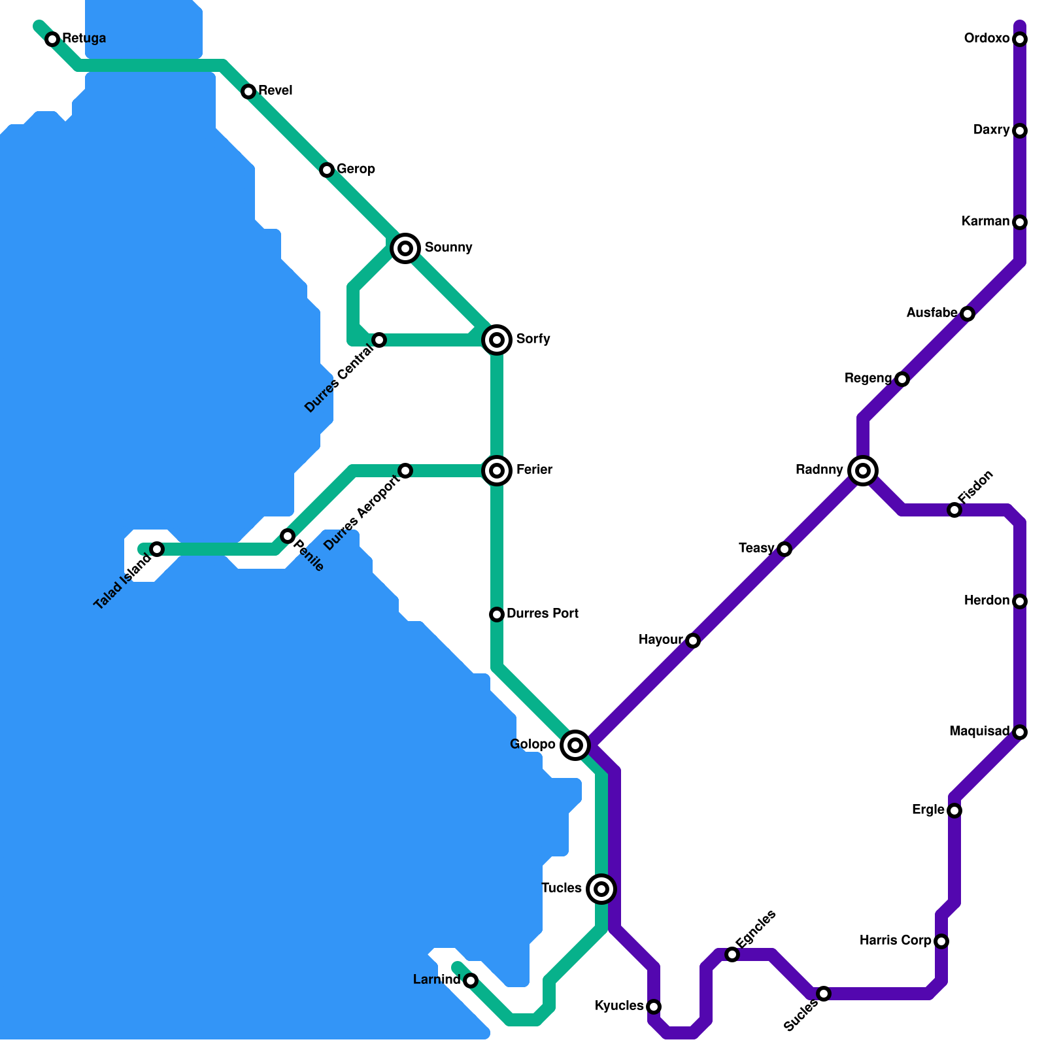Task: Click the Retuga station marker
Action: click(x=52, y=39)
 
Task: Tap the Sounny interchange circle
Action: click(x=405, y=248)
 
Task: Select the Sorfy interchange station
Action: click(x=497, y=340)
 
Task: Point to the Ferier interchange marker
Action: click(x=497, y=471)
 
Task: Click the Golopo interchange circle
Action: click(x=575, y=745)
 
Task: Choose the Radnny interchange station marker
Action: click(x=863, y=471)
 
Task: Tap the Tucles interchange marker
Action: click(x=601, y=889)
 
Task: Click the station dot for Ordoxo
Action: click(x=1020, y=39)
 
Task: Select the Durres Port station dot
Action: click(x=497, y=615)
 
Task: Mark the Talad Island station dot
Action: click(x=157, y=549)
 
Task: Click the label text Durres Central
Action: click(x=339, y=379)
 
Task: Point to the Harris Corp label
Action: click(x=895, y=941)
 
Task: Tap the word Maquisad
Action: click(x=979, y=732)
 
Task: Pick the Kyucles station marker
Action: click(x=654, y=1006)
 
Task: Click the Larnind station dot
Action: click(x=471, y=981)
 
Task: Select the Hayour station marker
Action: click(x=693, y=641)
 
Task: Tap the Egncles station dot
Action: click(x=732, y=955)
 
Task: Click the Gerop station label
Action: click(x=356, y=169)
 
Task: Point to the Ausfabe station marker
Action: click(x=968, y=314)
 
